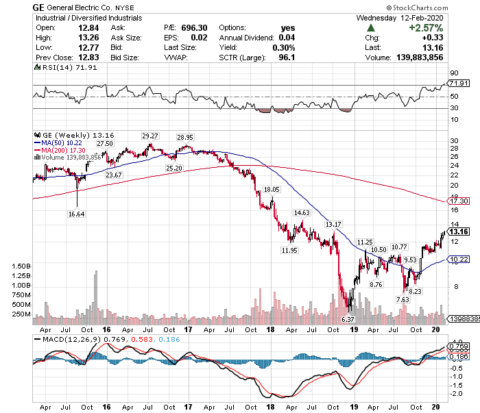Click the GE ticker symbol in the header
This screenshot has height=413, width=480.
(x=39, y=7)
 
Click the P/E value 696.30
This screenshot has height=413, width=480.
(x=194, y=27)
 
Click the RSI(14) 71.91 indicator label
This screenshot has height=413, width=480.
(x=62, y=68)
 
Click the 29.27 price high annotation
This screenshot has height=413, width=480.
(x=150, y=136)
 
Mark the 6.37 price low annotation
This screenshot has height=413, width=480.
(x=347, y=319)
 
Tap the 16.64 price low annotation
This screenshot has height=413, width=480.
(x=77, y=214)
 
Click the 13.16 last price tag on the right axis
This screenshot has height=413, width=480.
(x=457, y=231)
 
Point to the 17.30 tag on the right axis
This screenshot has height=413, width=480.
(x=457, y=201)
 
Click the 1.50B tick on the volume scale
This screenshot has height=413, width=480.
(x=22, y=265)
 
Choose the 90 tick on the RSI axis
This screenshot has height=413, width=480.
(x=453, y=73)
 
